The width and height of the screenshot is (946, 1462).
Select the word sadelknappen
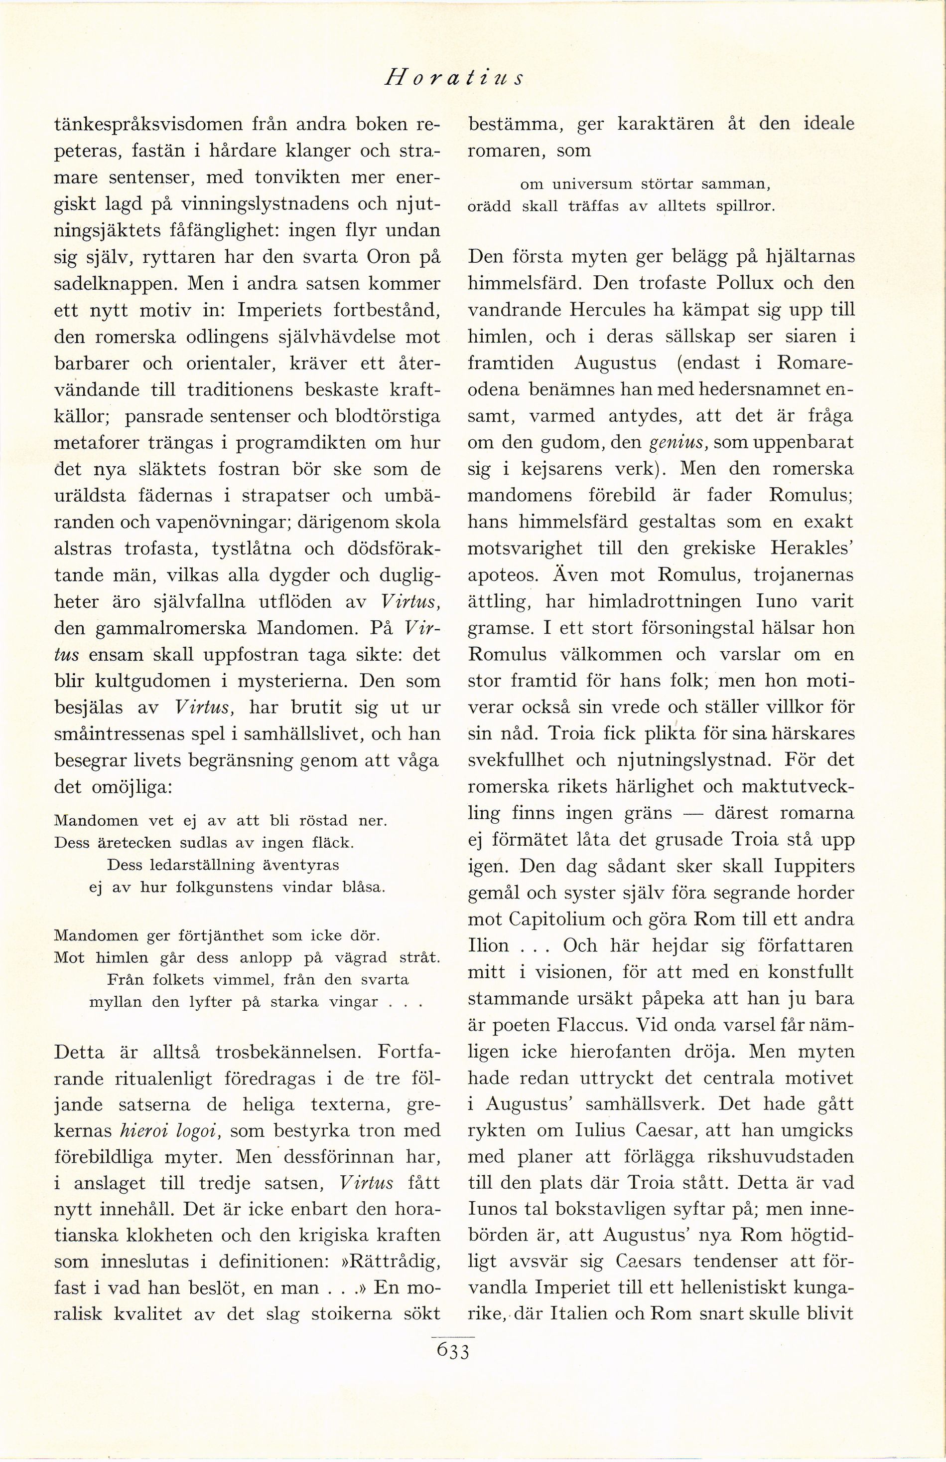pyautogui.click(x=117, y=284)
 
